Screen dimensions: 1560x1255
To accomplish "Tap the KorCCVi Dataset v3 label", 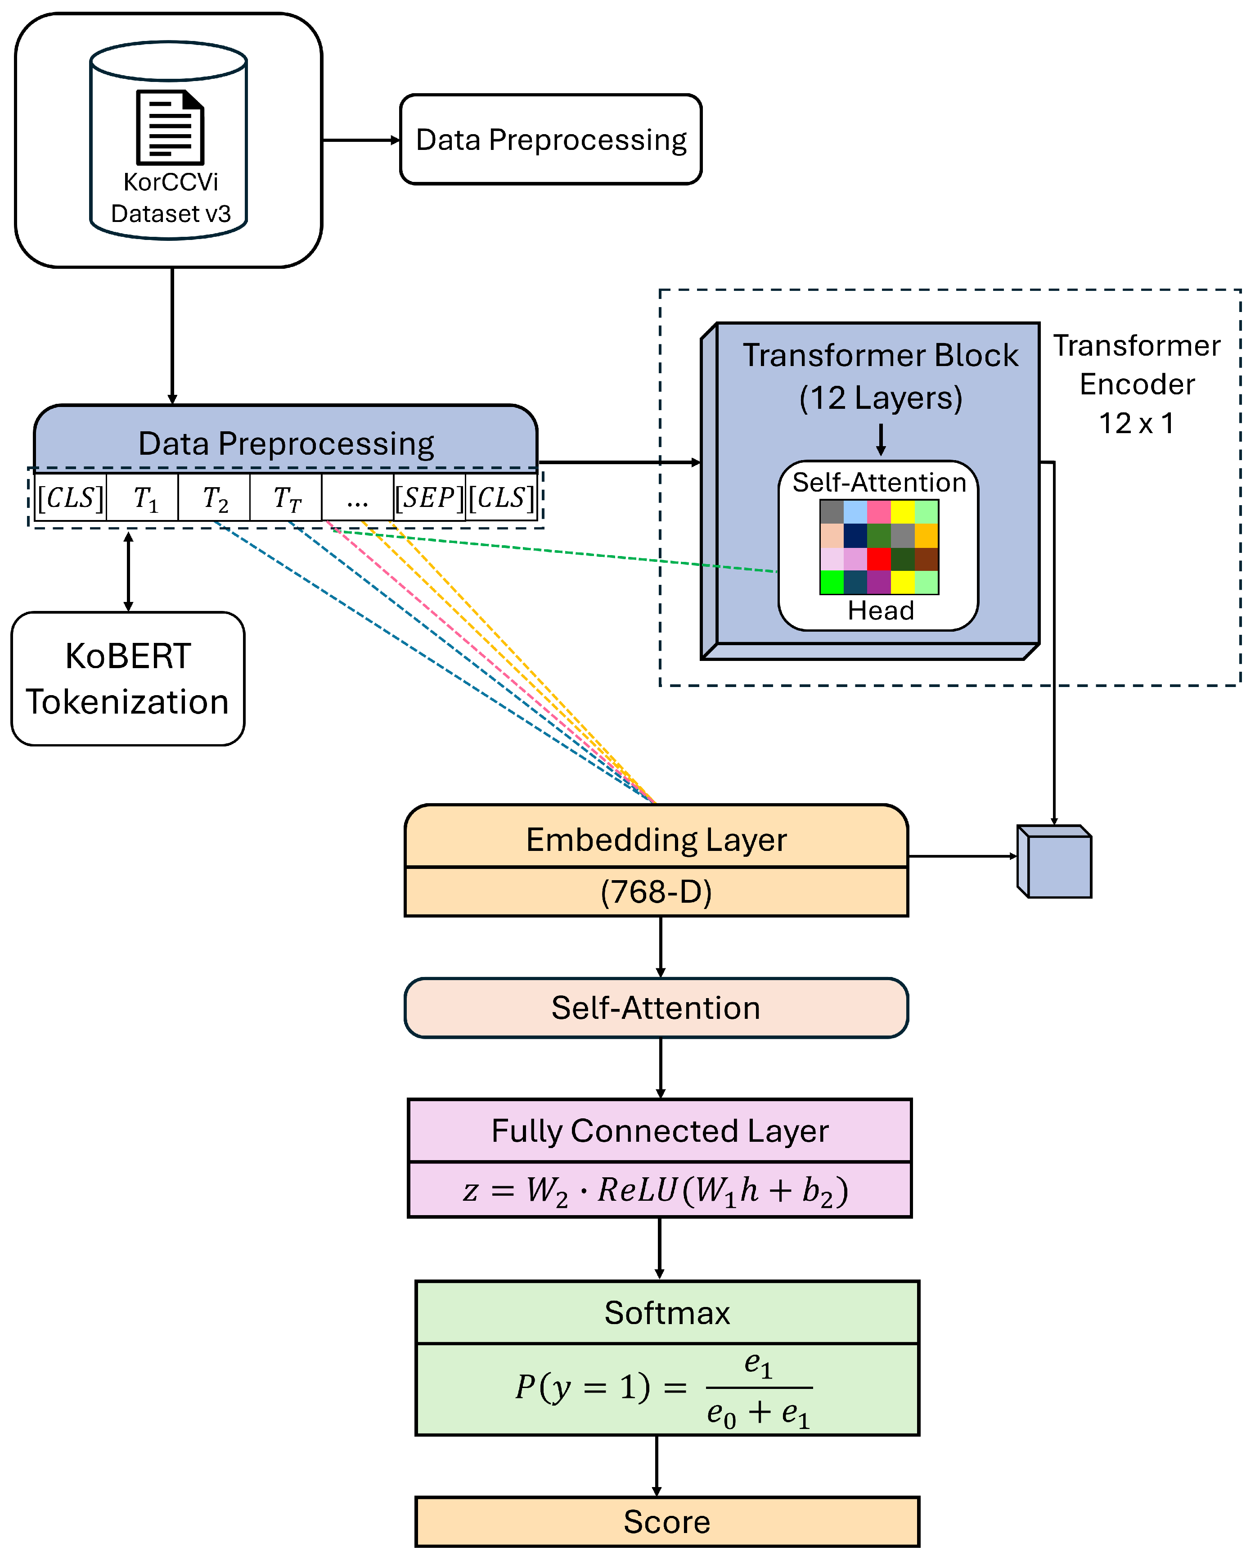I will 171,198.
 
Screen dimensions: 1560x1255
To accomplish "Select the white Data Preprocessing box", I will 550,140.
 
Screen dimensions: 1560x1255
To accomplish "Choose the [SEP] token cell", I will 429,498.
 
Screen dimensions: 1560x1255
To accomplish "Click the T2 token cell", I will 215,498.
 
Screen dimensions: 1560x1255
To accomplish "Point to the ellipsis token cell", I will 357,498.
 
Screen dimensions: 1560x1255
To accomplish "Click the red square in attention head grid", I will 879,559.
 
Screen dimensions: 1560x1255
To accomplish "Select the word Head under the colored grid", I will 880,610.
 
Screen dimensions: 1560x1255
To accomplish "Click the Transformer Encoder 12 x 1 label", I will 1136,384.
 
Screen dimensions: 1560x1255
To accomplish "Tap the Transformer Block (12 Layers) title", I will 880,376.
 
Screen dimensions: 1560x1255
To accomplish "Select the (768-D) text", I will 656,891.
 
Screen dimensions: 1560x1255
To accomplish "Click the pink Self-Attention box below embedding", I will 656,1007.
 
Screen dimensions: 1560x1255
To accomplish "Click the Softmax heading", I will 667,1312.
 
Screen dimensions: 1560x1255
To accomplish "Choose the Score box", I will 667,1522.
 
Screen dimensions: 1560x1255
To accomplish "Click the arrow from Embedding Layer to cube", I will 962,856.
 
